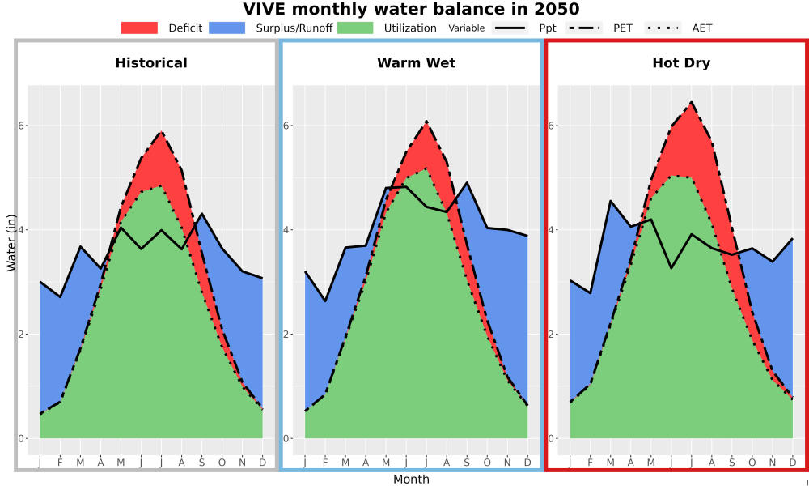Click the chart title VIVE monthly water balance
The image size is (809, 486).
pyautogui.click(x=411, y=9)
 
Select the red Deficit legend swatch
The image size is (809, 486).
pyautogui.click(x=139, y=28)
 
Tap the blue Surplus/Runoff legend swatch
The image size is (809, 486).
pyautogui.click(x=227, y=28)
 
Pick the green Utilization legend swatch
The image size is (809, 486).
pyautogui.click(x=355, y=28)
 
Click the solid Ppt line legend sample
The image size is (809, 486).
pyautogui.click(x=510, y=28)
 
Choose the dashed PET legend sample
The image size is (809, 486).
pyautogui.click(x=584, y=28)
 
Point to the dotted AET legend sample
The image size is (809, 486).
pyautogui.click(x=663, y=28)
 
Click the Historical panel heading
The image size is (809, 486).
pyautogui.click(x=151, y=63)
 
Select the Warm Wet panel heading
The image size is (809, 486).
pyautogui.click(x=417, y=63)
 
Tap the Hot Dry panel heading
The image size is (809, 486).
pyautogui.click(x=681, y=63)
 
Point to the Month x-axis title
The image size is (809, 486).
pyautogui.click(x=411, y=480)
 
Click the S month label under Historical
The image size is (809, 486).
pyautogui.click(x=201, y=463)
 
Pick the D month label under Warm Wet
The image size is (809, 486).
pyautogui.click(x=527, y=463)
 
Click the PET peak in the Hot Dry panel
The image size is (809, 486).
pyautogui.click(x=691, y=102)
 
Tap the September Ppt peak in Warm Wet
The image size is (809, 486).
pyautogui.click(x=467, y=182)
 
